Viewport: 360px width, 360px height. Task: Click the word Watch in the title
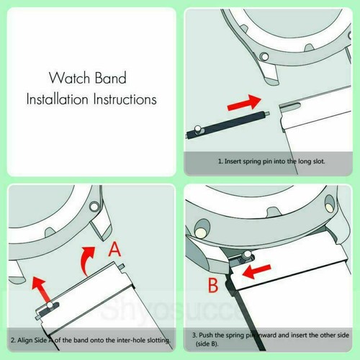tap(68, 76)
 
